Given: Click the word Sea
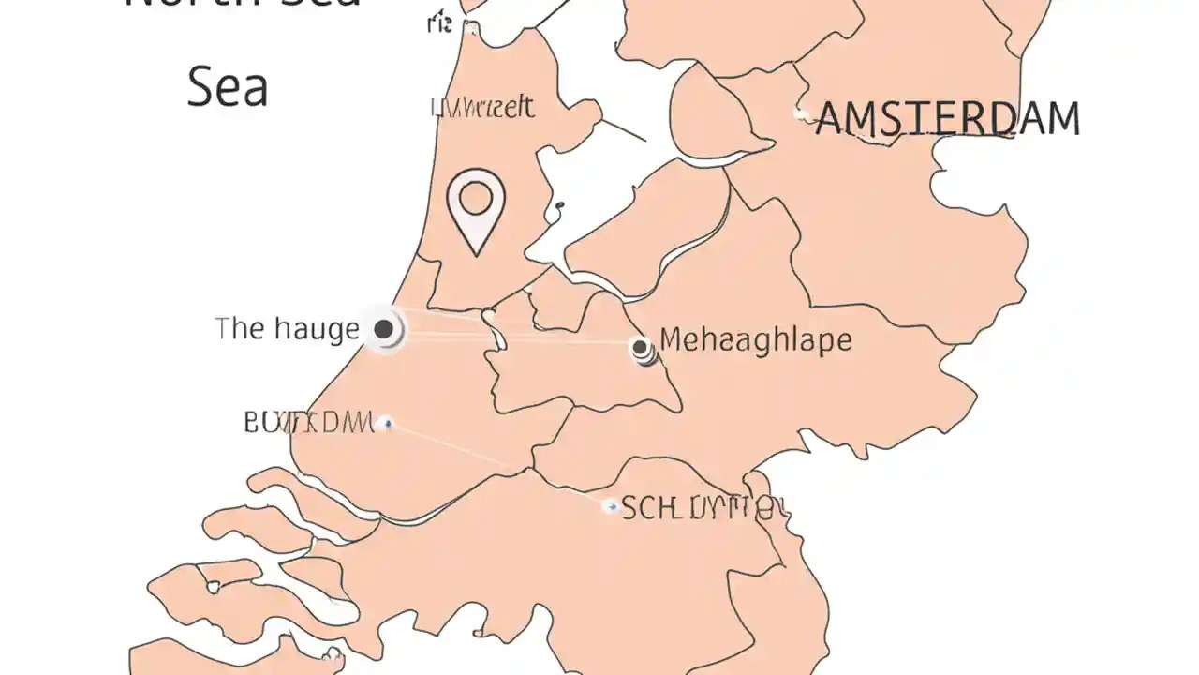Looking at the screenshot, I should [228, 86].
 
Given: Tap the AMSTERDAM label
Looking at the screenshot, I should [948, 119].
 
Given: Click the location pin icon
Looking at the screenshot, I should [476, 209].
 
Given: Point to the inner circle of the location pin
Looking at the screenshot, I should [476, 197].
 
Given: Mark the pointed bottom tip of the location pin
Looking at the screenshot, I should [477, 253].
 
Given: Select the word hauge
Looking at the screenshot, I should [317, 330].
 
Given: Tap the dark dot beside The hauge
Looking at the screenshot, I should [382, 329].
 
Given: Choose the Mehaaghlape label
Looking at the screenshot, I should [756, 339].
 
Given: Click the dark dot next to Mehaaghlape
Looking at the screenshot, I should [641, 348].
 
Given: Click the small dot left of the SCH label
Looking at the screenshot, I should [610, 506].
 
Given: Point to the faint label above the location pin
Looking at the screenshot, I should [482, 108].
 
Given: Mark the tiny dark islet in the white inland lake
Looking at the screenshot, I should [559, 205].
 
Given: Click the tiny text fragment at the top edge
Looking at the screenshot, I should [439, 23].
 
